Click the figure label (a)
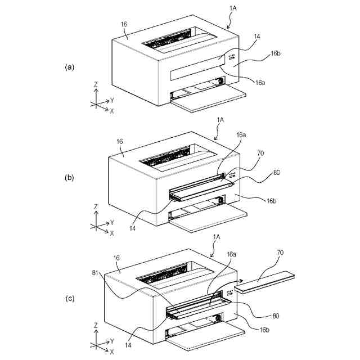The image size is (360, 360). (70, 67)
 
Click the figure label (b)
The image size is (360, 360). (70, 178)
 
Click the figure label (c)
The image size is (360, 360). (70, 299)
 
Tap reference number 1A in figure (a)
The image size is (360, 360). (233, 8)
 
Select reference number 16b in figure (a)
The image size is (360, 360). (275, 53)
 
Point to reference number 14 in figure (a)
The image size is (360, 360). (257, 36)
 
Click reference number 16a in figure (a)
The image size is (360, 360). (260, 83)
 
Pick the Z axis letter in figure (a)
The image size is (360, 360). (96, 84)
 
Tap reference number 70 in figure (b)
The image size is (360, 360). (260, 153)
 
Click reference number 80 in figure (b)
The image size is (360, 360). (277, 173)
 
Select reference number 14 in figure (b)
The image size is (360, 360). (133, 228)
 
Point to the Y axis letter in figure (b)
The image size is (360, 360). (112, 223)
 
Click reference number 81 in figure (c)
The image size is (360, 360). (95, 272)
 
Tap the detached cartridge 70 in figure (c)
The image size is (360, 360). (264, 282)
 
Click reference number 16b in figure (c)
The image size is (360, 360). (264, 330)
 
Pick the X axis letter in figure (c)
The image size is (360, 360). (112, 352)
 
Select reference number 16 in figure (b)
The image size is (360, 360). (120, 142)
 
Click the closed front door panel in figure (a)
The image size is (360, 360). (197, 67)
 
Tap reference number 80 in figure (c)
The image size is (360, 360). (276, 316)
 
